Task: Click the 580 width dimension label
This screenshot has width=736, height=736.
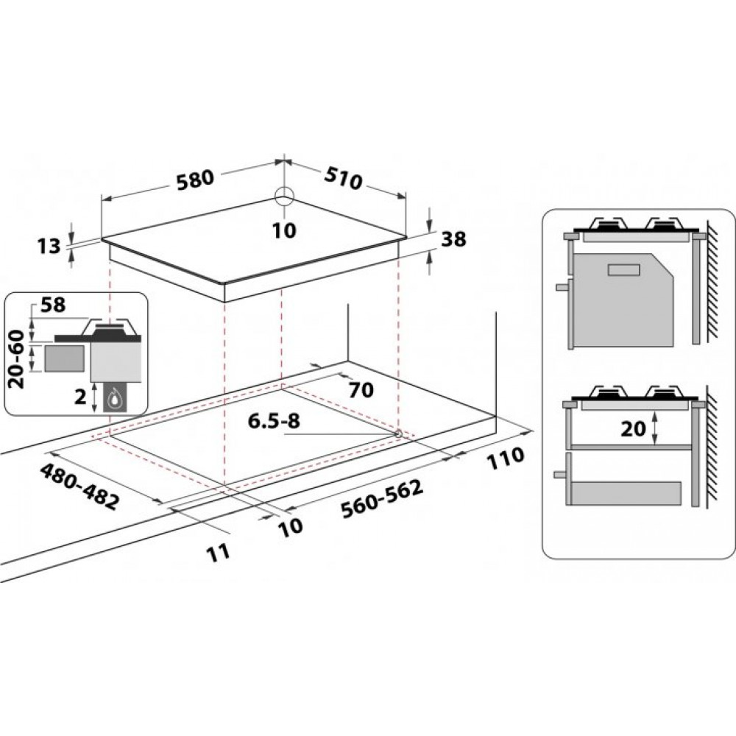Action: pyautogui.click(x=195, y=178)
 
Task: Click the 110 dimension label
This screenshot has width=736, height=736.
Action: pyautogui.click(x=504, y=457)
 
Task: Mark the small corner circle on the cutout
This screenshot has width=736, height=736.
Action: pyautogui.click(x=398, y=434)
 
